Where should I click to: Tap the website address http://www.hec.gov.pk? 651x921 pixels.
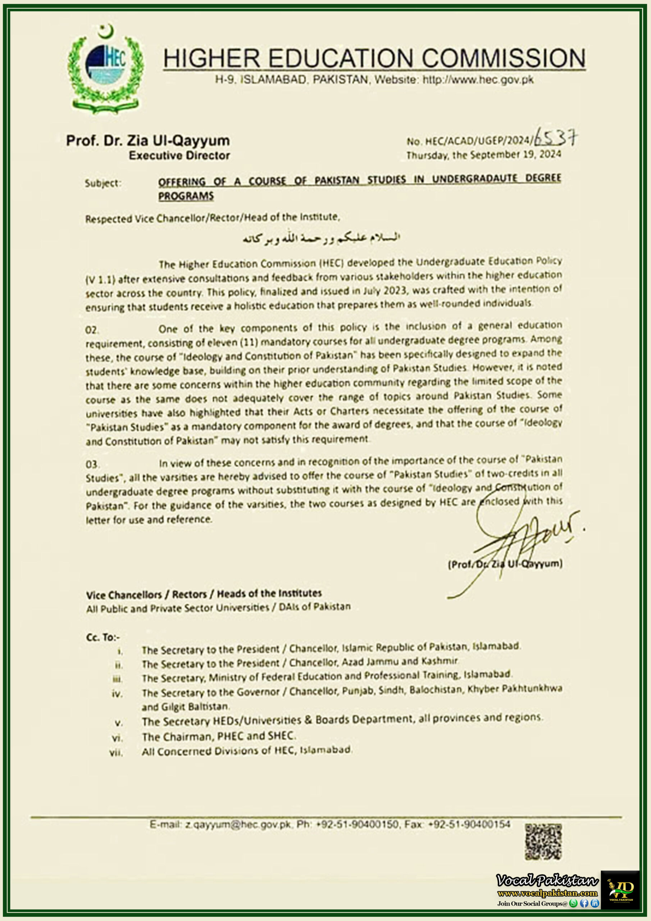click(478, 80)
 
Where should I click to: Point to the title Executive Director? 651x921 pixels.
click(179, 156)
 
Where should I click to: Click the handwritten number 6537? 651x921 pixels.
click(556, 139)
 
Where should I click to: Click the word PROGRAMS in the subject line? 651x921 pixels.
click(186, 196)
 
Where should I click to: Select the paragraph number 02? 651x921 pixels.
click(92, 330)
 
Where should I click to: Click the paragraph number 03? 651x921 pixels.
click(92, 464)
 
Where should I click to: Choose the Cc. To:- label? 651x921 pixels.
click(103, 637)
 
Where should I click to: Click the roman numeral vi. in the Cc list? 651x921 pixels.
click(117, 738)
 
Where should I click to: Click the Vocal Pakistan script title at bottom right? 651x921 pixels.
click(547, 880)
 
